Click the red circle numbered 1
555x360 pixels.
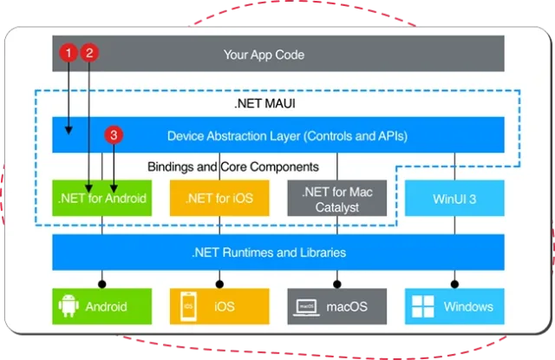(x=68, y=54)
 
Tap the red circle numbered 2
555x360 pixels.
(x=89, y=54)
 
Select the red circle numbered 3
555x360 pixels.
(x=112, y=136)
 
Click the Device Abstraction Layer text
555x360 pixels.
(x=287, y=135)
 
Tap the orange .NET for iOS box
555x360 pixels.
(x=219, y=198)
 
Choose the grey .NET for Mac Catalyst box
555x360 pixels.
(x=336, y=198)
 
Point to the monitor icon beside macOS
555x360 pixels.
(x=306, y=306)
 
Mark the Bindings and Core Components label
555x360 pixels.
(x=232, y=166)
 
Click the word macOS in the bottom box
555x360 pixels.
(x=347, y=306)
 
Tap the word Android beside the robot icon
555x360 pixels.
(x=106, y=306)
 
